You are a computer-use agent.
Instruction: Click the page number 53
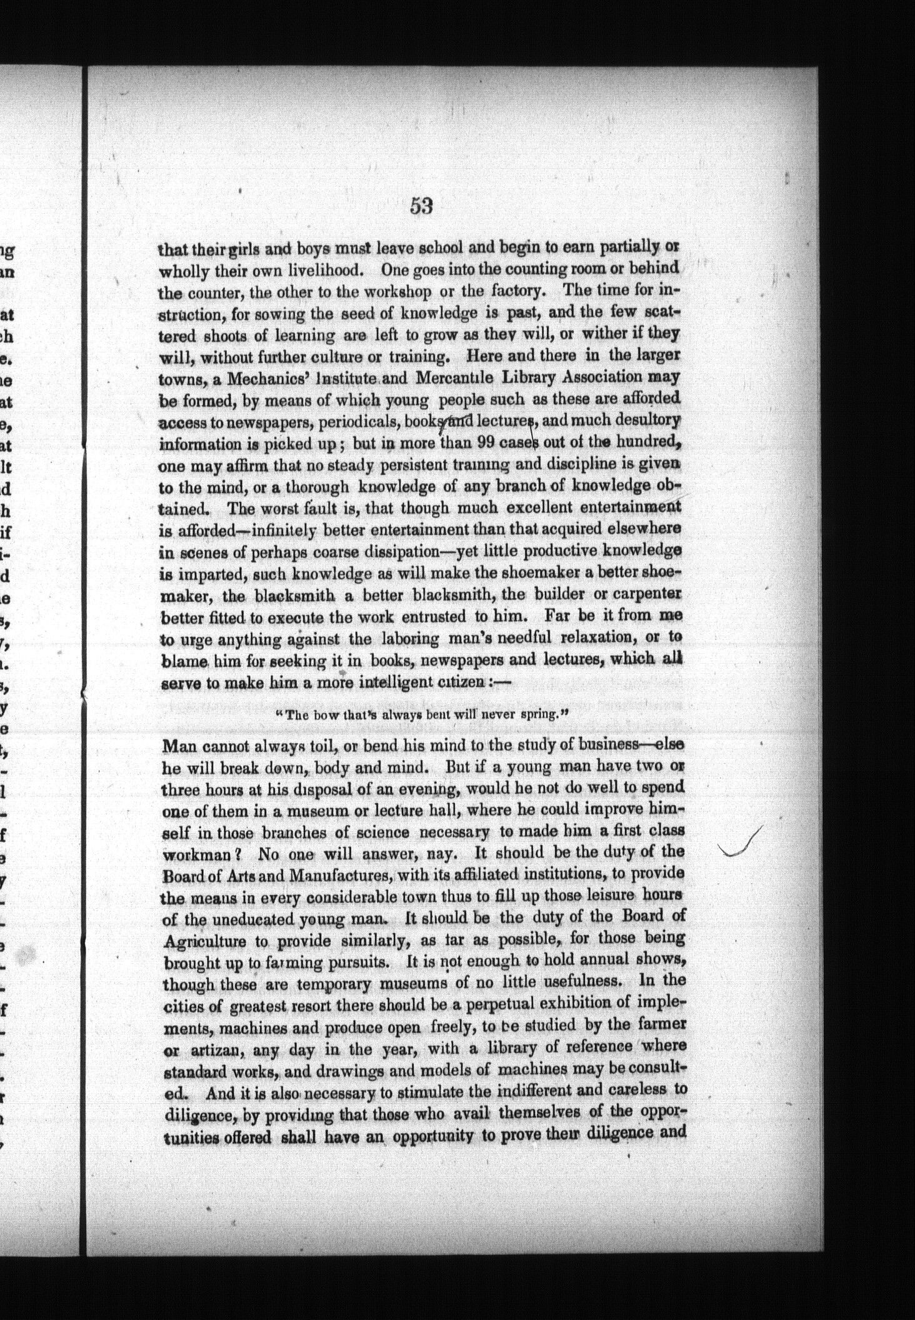coord(422,206)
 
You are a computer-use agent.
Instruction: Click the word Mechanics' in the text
coord(266,378)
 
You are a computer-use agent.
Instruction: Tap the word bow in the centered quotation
coord(339,716)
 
